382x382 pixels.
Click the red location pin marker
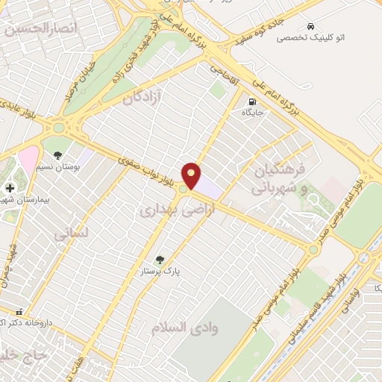(x=192, y=175)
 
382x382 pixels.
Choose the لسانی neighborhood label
(x=72, y=233)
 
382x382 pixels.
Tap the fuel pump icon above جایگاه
(x=252, y=101)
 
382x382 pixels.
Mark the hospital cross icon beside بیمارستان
(x=10, y=189)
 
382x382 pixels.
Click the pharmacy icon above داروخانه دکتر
(x=19, y=312)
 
